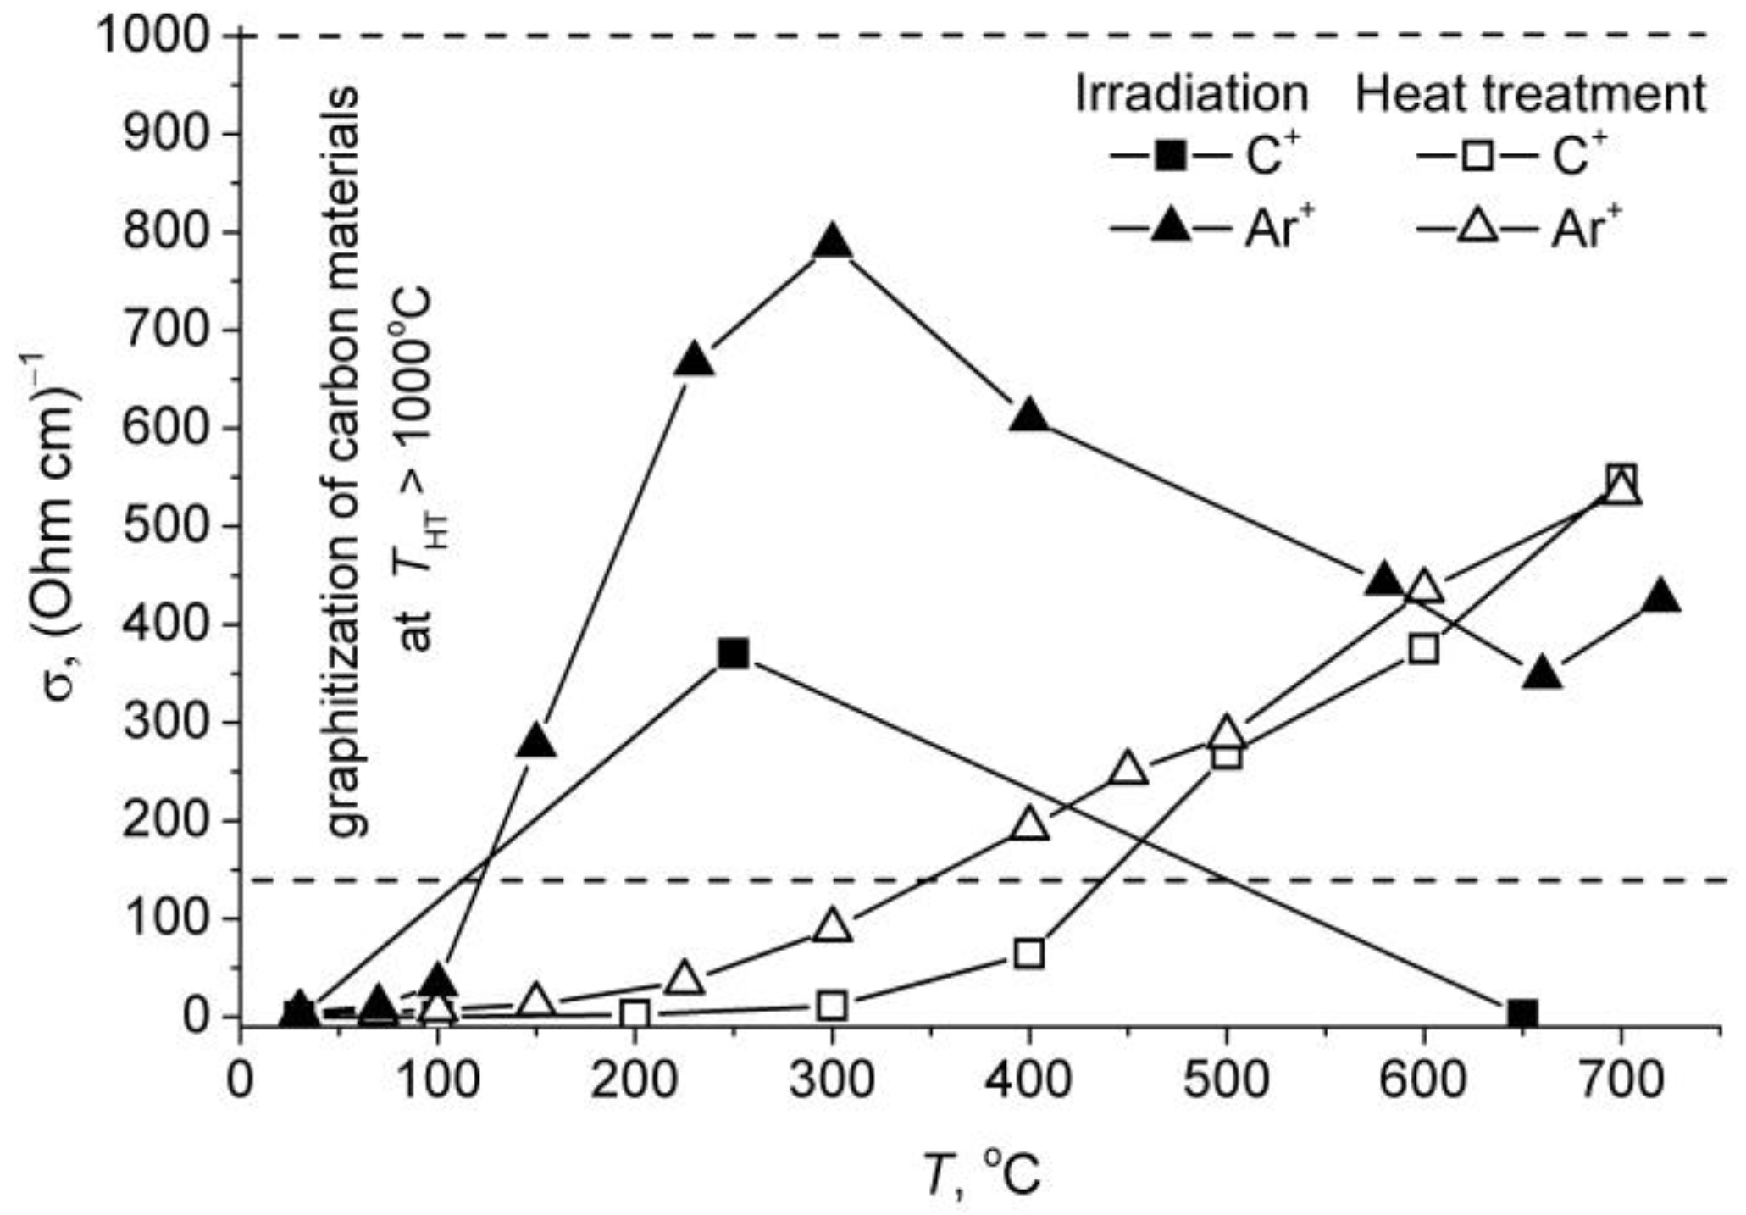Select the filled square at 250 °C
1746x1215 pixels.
pyautogui.click(x=733, y=653)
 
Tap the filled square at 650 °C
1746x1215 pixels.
pyautogui.click(x=1522, y=1012)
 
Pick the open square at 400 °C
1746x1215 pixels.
pyautogui.click(x=1028, y=953)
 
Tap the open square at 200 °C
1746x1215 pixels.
pyautogui.click(x=635, y=1013)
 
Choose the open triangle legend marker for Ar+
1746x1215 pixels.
pyautogui.click(x=1475, y=229)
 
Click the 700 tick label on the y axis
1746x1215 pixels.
pyautogui.click(x=167, y=330)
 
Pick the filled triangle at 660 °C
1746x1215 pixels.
pyautogui.click(x=1542, y=674)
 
